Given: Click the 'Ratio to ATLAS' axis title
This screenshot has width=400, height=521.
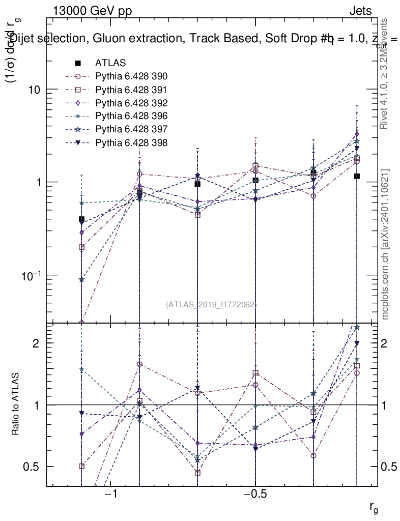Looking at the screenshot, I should pyautogui.click(x=16, y=404).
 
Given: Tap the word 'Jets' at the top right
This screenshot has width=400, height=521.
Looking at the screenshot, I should pyautogui.click(x=360, y=11).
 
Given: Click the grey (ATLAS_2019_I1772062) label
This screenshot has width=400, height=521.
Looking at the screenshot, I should pyautogui.click(x=211, y=305).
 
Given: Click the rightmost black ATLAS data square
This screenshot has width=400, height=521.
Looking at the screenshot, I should pyautogui.click(x=357, y=176).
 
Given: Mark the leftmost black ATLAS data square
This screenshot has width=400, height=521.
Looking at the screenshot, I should pyautogui.click(x=81, y=219).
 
